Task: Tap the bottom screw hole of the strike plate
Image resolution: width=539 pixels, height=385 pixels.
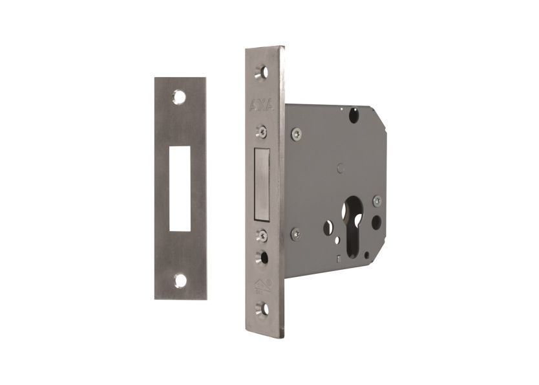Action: pyautogui.click(x=180, y=281)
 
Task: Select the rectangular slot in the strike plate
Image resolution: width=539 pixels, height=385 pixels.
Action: pyautogui.click(x=180, y=188)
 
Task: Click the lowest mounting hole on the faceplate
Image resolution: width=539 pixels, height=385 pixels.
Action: pyautogui.click(x=263, y=309)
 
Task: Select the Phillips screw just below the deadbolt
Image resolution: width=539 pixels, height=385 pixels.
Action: pyautogui.click(x=263, y=234)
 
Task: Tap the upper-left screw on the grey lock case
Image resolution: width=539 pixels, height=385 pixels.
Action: pyautogui.click(x=296, y=134)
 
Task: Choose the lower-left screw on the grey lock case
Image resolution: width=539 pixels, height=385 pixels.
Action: pyautogui.click(x=295, y=234)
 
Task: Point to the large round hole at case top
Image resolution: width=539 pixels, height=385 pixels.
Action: pyautogui.click(x=354, y=116)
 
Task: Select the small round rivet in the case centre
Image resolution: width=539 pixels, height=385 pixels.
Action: pyautogui.click(x=340, y=168)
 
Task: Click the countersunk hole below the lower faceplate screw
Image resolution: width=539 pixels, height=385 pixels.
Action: pyautogui.click(x=263, y=258)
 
